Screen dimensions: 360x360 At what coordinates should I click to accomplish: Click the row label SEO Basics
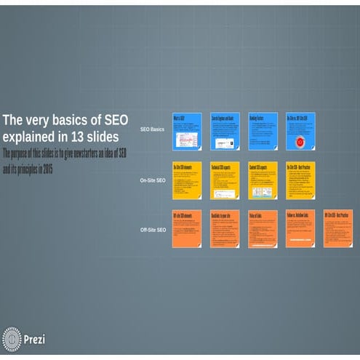click(152, 129)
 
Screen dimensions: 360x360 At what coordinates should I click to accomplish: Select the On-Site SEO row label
click(153, 180)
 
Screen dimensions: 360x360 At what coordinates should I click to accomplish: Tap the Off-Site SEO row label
click(153, 229)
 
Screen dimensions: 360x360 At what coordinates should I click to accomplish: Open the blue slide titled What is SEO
click(186, 131)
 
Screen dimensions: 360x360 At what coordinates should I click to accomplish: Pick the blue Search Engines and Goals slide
click(225, 131)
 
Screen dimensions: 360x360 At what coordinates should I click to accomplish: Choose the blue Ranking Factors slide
click(263, 131)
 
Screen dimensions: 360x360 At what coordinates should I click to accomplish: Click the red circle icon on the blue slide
click(300, 140)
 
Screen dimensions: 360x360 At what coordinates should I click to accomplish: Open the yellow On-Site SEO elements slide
click(186, 180)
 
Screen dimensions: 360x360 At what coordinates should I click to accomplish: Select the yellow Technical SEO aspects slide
click(225, 180)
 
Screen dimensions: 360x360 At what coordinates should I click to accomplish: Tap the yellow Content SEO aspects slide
click(263, 180)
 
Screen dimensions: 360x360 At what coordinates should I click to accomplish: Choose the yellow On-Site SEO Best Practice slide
click(300, 180)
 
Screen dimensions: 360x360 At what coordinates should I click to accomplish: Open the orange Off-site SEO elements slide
click(186, 228)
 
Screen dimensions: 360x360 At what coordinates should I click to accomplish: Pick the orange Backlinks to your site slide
click(225, 228)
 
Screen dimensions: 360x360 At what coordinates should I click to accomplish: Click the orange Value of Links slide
click(263, 228)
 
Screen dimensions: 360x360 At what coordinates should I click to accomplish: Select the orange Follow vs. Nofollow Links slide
click(300, 228)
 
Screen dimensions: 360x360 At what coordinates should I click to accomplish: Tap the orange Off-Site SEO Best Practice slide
click(338, 228)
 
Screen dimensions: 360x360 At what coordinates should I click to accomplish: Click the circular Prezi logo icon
click(12, 339)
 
